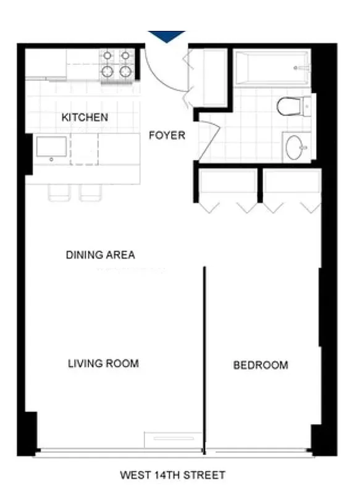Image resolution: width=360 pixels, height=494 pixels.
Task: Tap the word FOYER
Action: pos(167,135)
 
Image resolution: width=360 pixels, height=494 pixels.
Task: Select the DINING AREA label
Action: pos(100,254)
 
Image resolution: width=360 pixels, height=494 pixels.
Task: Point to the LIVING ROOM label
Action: pos(103,363)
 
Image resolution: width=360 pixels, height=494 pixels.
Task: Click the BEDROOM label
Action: pos(260,365)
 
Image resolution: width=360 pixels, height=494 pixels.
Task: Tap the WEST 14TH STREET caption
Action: pos(172,475)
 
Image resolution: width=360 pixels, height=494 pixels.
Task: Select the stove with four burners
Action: pos(117,65)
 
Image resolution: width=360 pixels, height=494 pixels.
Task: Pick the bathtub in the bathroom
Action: pos(272,67)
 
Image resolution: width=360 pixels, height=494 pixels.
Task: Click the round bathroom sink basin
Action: pos(296,147)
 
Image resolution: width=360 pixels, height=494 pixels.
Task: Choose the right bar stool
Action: pos(90,193)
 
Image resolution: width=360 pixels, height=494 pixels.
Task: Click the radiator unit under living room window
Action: pos(173,438)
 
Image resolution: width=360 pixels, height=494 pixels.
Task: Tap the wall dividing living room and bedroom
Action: pos(204,358)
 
